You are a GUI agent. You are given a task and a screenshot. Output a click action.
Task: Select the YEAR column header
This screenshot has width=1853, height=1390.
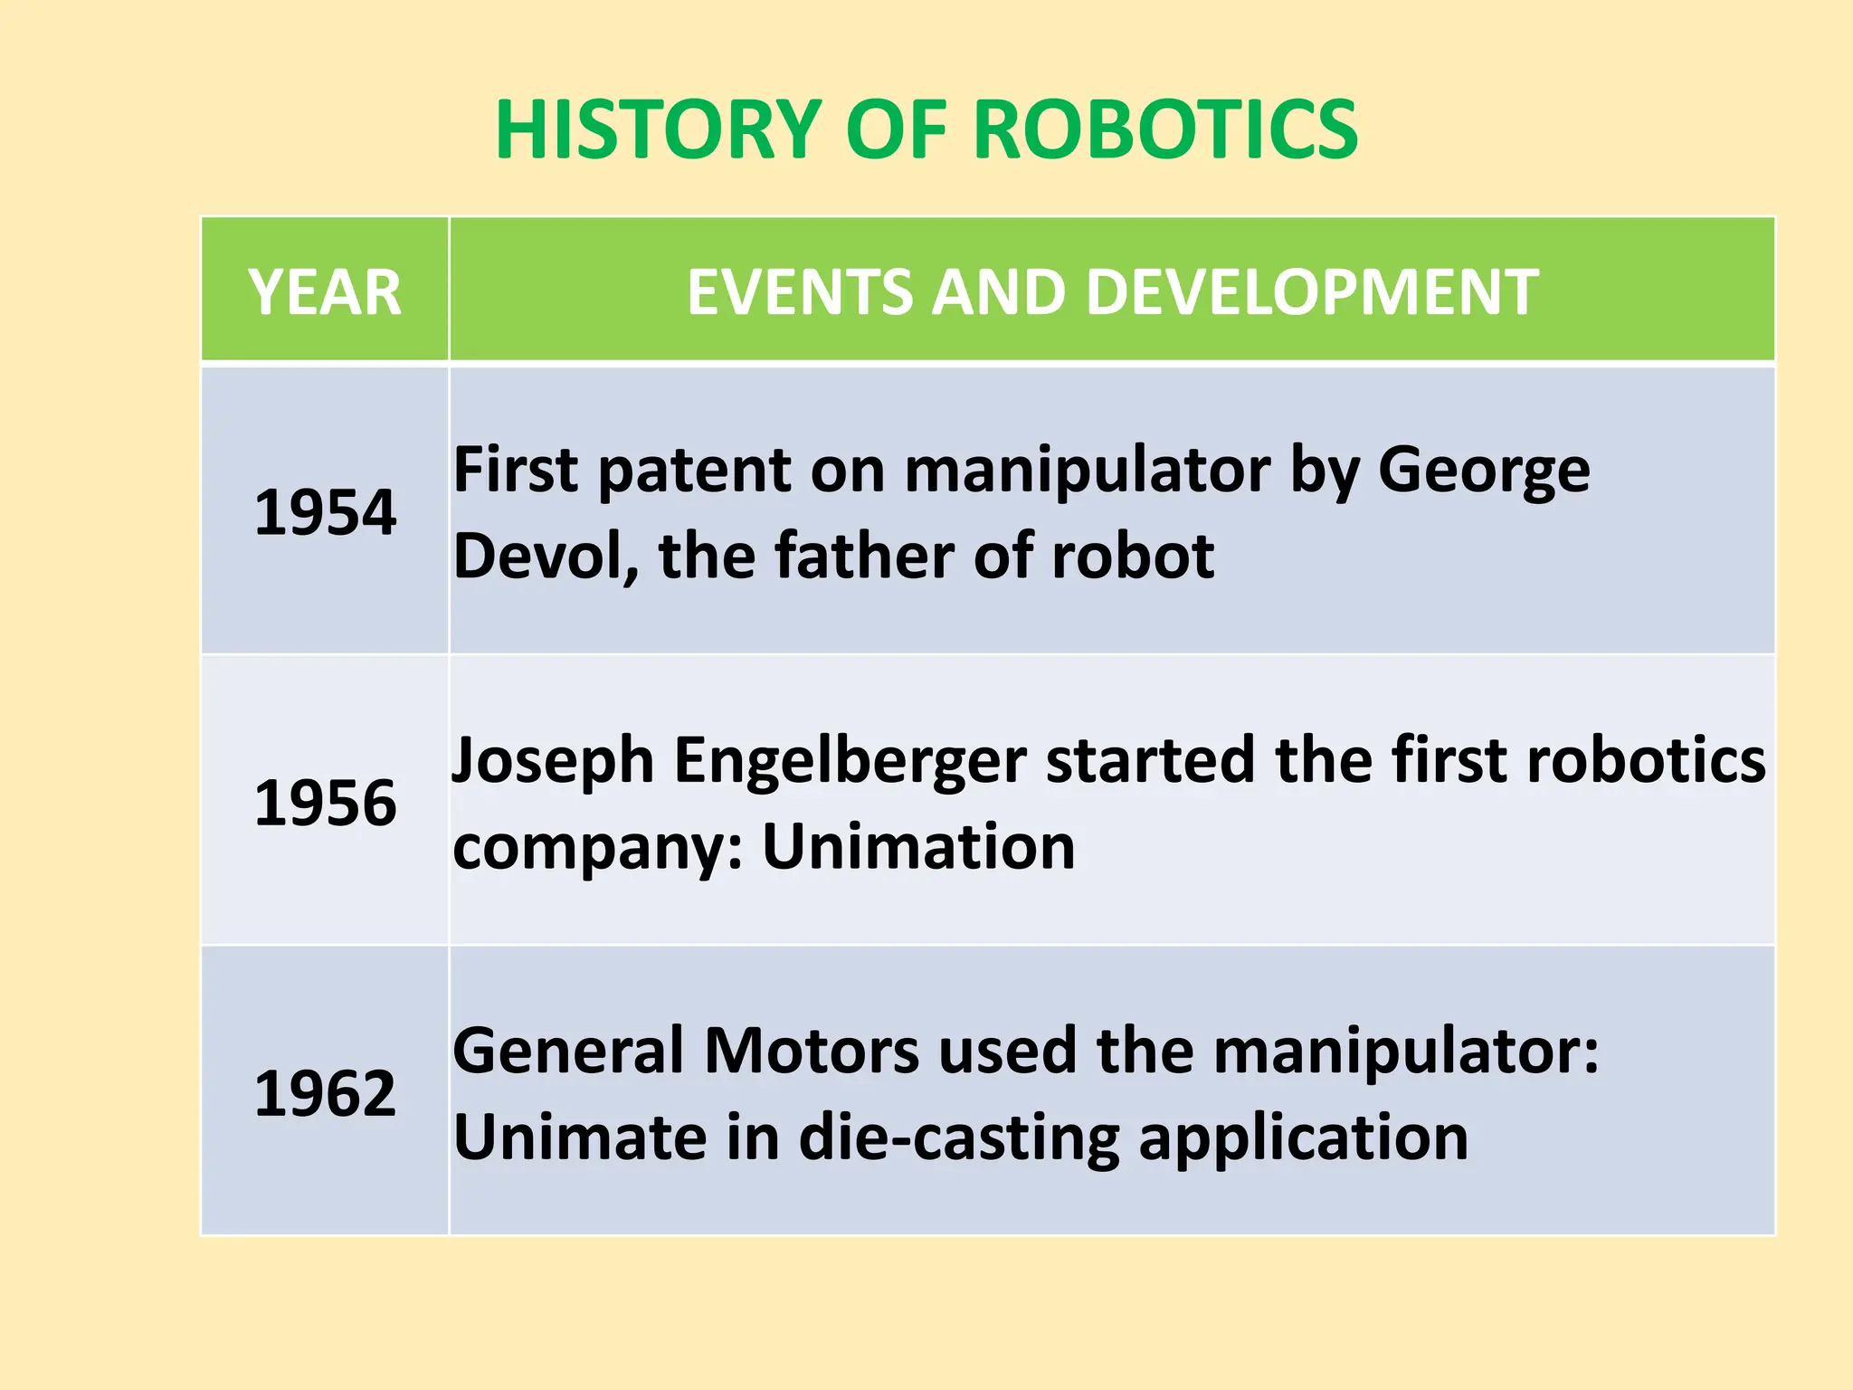click(x=325, y=292)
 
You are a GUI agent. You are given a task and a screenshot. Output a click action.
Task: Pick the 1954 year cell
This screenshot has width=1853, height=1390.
click(x=325, y=512)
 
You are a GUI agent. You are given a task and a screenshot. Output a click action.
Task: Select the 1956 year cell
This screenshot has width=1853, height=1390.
click(x=325, y=803)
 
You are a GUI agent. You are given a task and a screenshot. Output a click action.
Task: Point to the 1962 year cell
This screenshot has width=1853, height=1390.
click(x=325, y=1093)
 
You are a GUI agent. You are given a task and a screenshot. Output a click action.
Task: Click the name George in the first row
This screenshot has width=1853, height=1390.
click(x=1483, y=471)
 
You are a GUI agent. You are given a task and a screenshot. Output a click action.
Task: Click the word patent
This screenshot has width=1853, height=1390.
click(x=696, y=471)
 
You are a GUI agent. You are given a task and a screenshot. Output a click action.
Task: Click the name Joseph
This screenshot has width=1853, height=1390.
click(x=552, y=760)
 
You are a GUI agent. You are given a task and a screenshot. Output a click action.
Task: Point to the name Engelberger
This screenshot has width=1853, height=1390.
click(x=850, y=760)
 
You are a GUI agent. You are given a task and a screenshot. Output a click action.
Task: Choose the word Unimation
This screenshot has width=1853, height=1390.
click(x=918, y=847)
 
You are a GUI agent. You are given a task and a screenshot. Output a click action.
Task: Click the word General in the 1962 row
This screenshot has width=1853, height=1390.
click(x=568, y=1052)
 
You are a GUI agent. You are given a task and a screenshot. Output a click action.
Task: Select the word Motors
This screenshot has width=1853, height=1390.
click(x=812, y=1052)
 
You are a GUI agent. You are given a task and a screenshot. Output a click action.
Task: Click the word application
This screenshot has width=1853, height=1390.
click(x=1303, y=1138)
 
